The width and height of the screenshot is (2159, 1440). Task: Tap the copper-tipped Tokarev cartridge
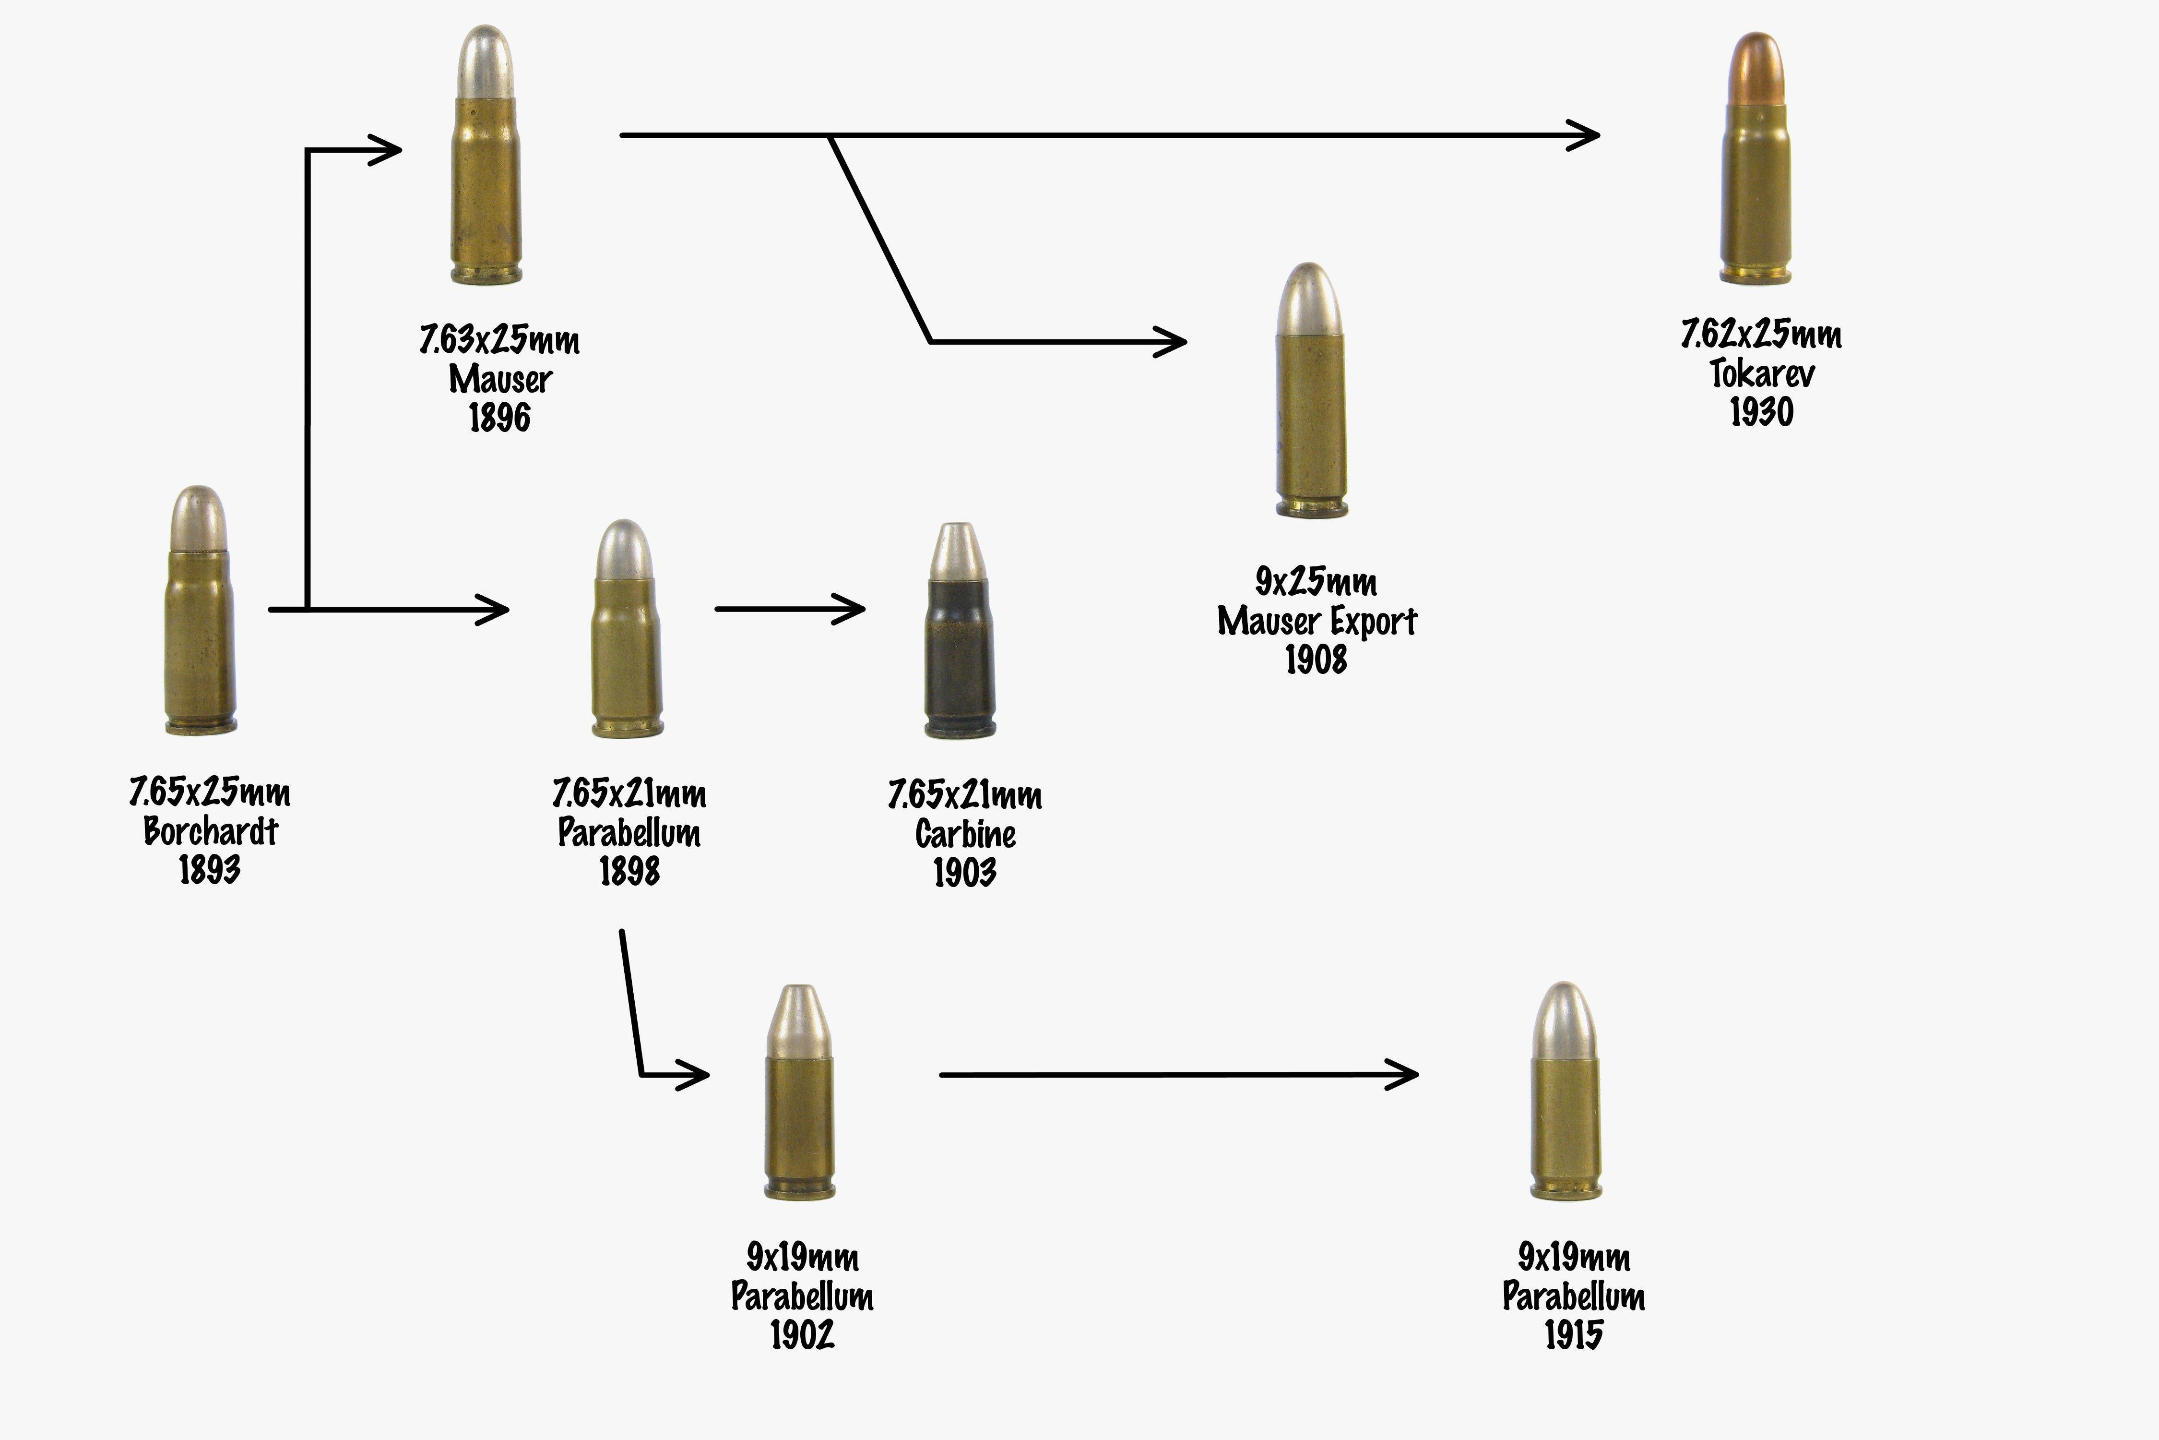click(1755, 175)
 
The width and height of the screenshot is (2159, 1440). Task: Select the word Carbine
click(965, 834)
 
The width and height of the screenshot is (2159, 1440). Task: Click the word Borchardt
click(210, 831)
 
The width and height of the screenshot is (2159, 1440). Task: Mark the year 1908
click(1316, 660)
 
